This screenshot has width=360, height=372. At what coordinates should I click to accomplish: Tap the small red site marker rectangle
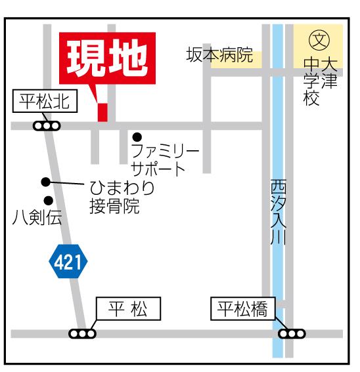pos(102,112)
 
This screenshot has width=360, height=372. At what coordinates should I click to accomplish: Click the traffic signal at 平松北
pos(47,125)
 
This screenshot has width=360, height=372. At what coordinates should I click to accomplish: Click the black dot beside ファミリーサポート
pos(137,137)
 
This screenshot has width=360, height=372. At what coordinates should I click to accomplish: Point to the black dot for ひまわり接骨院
pos(45,182)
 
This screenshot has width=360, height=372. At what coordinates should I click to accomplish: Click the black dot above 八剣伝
pos(47,200)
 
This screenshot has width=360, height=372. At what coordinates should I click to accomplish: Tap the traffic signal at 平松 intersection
pos(82,333)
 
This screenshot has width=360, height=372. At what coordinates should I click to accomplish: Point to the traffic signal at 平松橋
pos(291,333)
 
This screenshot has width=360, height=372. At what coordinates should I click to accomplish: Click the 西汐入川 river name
pos(278,213)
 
